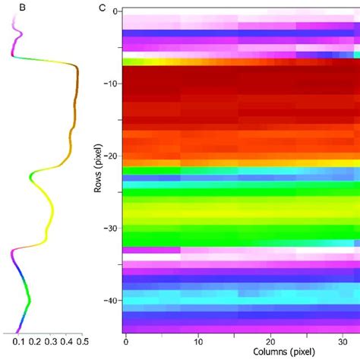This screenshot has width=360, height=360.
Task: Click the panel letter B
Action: (x=11, y=8)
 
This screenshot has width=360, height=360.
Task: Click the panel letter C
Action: (x=103, y=8)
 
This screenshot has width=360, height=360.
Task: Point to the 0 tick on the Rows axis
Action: (x=115, y=11)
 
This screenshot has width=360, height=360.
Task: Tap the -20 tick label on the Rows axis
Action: (x=111, y=156)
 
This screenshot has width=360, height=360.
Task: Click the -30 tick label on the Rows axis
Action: (x=111, y=228)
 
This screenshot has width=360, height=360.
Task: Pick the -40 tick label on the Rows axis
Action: (x=111, y=300)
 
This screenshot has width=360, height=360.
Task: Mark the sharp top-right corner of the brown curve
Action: (x=77, y=67)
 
